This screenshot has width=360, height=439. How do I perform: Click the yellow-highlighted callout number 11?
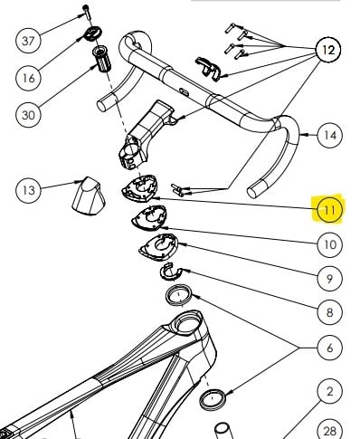pyautogui.click(x=330, y=210)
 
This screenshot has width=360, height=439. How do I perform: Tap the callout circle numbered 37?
pyautogui.click(x=28, y=40)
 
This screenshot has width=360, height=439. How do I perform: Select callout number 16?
pyautogui.click(x=28, y=78)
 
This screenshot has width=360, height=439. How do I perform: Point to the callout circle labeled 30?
pyautogui.click(x=28, y=115)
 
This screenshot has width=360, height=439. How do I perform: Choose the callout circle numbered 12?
pyautogui.click(x=328, y=50)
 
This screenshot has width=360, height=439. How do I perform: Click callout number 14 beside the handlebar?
pyautogui.click(x=330, y=135)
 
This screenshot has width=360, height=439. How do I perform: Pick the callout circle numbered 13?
pyautogui.click(x=28, y=190)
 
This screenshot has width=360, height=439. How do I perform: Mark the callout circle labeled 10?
pyautogui.click(x=330, y=244)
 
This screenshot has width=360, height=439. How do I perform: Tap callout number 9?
pyautogui.click(x=330, y=278)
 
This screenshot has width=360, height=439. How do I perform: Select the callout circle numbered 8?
pyautogui.click(x=330, y=312)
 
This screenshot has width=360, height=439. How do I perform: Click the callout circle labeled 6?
pyautogui.click(x=330, y=348)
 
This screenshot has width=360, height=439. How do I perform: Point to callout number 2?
pyautogui.click(x=330, y=391)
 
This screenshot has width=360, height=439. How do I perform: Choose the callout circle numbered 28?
pyautogui.click(x=330, y=430)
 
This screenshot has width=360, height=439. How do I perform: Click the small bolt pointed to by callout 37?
pyautogui.click(x=87, y=12)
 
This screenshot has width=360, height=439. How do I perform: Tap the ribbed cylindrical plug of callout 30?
pyautogui.click(x=101, y=59)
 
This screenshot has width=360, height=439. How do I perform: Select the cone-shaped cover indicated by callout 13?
pyautogui.click(x=89, y=196)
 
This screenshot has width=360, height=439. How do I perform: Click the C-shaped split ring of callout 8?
pyautogui.click(x=171, y=272)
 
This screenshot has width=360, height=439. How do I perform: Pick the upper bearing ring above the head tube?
pyautogui.click(x=179, y=295)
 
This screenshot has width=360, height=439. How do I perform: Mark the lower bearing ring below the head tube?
pyautogui.click(x=213, y=399)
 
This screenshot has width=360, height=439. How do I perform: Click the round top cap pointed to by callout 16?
pyautogui.click(x=92, y=33)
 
